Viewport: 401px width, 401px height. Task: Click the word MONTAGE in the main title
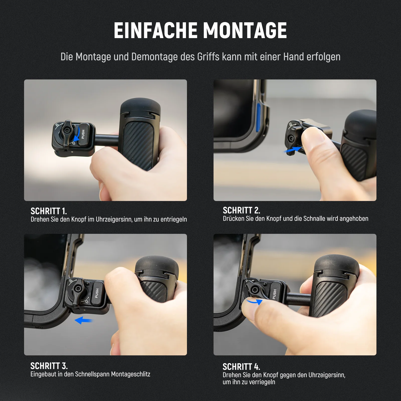tap(245, 30)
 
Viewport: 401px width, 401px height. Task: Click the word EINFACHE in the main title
tap(156, 30)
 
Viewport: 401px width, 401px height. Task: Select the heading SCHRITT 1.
tap(49, 211)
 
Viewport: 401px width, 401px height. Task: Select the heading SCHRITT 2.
tap(241, 210)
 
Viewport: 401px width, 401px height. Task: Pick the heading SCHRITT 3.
tap(49, 366)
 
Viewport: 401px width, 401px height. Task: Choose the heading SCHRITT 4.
tap(241, 367)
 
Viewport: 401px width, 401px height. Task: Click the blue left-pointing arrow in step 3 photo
tap(84, 320)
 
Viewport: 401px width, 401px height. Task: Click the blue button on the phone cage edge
tap(258, 117)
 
